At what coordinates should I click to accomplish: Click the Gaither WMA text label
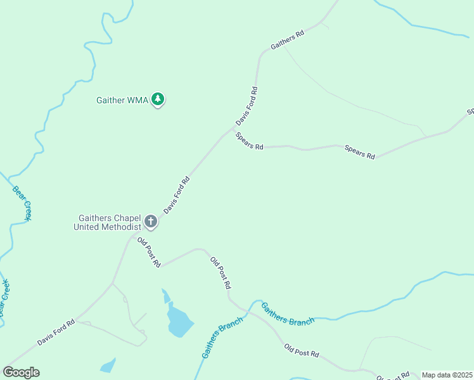coord(122,100)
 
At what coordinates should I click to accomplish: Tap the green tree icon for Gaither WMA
coord(158,99)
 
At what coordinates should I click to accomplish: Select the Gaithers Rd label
coord(287,39)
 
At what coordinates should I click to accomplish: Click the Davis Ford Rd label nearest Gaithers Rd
coord(247,106)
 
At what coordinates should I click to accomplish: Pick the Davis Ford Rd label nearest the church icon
coord(177,194)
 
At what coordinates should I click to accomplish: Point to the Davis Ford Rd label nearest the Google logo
coord(56,332)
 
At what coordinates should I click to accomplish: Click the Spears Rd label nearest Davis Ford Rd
coord(249,141)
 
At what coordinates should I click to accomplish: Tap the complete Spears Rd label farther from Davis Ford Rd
coord(359,152)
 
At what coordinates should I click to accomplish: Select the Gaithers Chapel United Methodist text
coord(106,222)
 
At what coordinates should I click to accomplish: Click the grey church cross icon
coord(151,222)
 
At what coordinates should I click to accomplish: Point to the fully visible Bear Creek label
coord(22,203)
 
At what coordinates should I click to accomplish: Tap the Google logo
coord(22,372)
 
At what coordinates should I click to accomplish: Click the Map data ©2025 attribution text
coord(447,375)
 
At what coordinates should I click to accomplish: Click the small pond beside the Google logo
coord(108,365)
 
